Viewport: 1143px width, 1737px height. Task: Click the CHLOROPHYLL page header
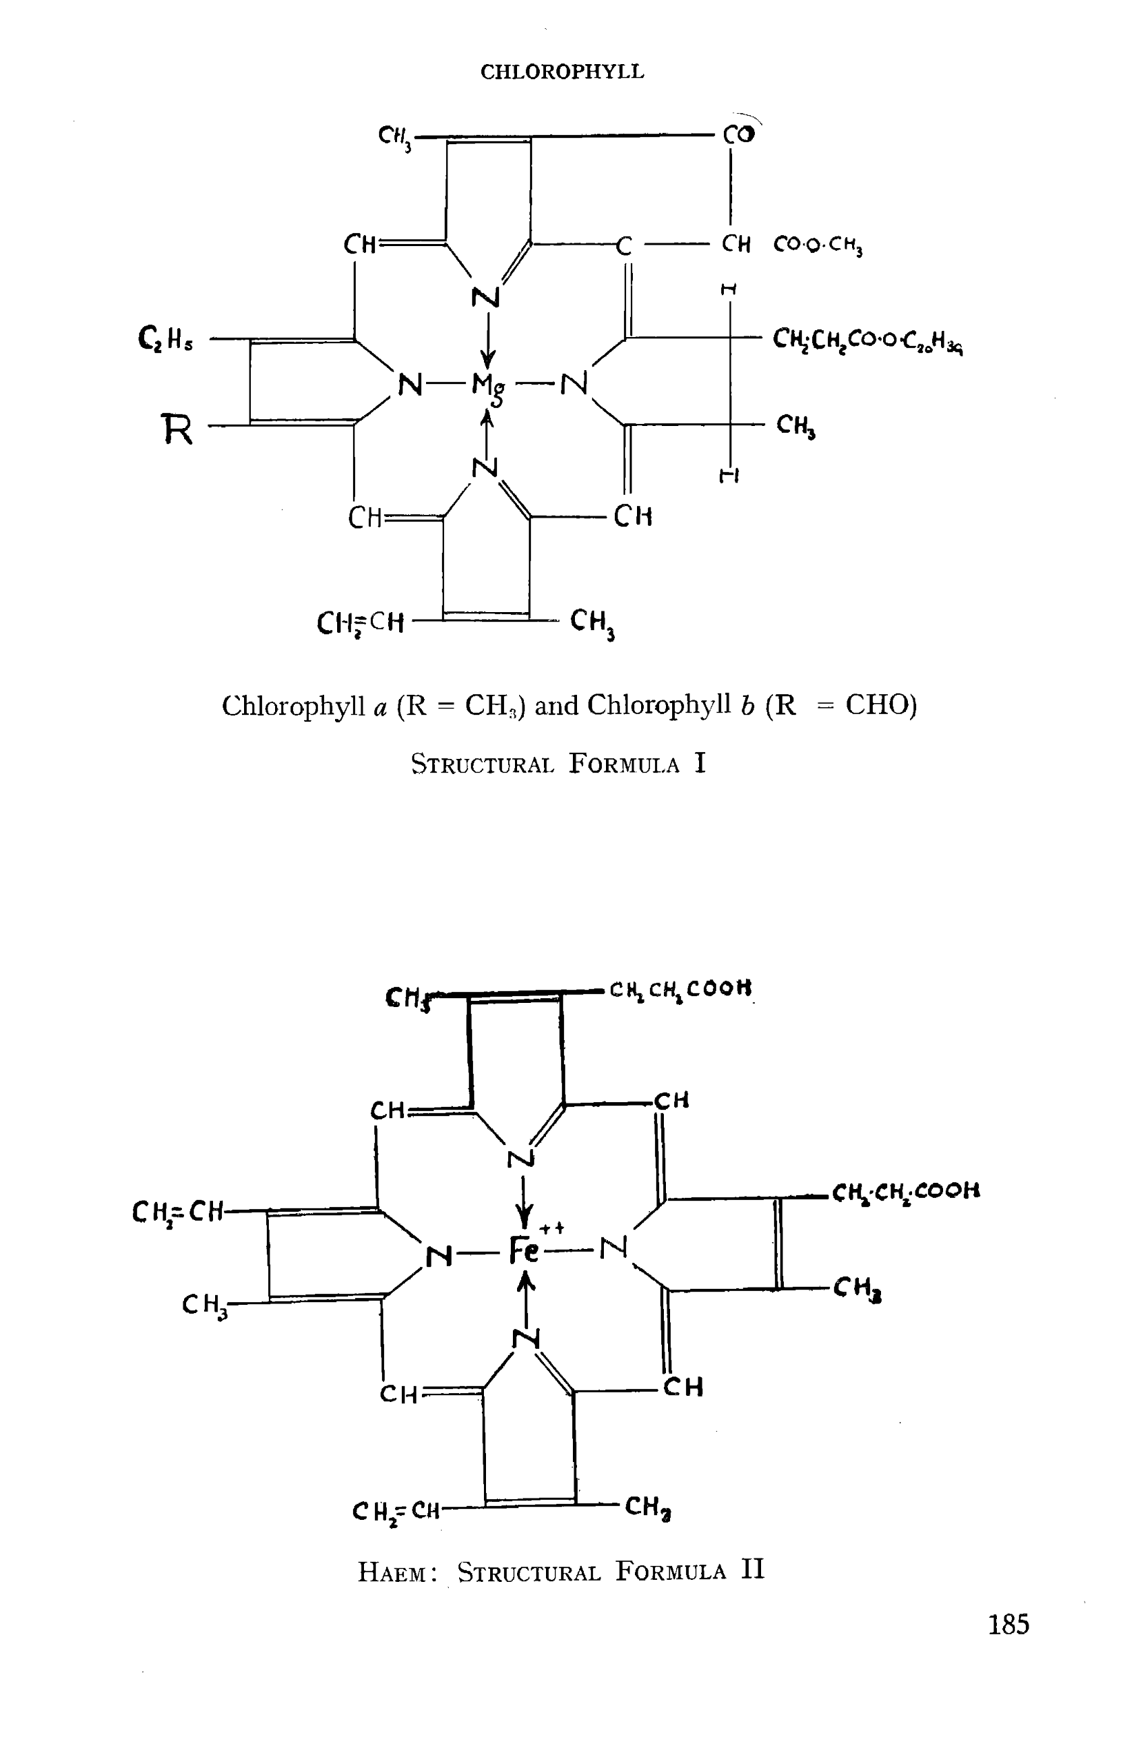[562, 72]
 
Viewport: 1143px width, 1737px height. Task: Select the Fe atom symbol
[523, 1251]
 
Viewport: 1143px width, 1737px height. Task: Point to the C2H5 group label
[165, 338]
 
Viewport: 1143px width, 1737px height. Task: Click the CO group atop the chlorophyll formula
[738, 135]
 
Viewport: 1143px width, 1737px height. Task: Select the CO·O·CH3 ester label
[818, 245]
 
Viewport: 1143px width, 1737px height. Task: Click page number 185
[1008, 1624]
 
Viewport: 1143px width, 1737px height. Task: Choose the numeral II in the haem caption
[753, 1568]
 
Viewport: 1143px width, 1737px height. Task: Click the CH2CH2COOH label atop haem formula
[680, 989]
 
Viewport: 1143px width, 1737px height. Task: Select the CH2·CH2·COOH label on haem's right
[905, 1192]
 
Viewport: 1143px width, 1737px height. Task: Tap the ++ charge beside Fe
[552, 1229]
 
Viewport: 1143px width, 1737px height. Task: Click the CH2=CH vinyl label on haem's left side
[177, 1212]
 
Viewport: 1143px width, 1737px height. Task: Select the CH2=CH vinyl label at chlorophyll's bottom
[360, 622]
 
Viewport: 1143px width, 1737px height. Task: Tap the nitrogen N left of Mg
[410, 384]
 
